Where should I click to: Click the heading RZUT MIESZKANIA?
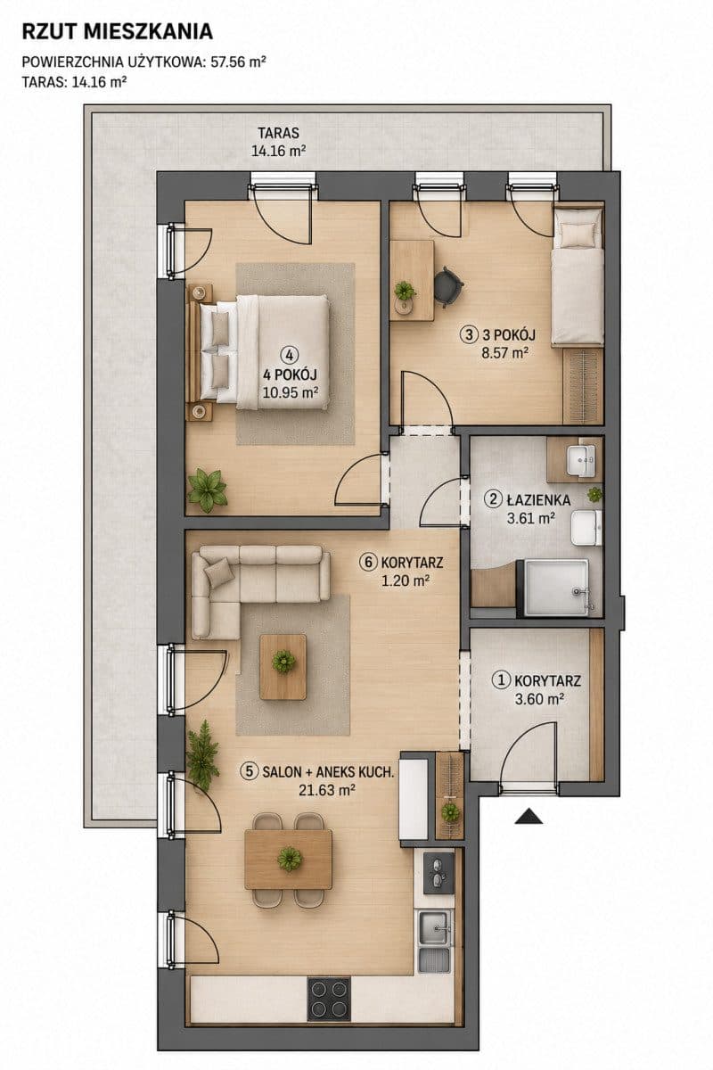[118, 32]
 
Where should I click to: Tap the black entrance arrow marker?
[529, 816]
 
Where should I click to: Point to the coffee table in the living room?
[283, 667]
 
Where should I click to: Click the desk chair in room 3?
[448, 285]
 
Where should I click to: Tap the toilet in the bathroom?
[586, 527]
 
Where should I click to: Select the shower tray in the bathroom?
[557, 587]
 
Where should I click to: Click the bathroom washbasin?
[580, 461]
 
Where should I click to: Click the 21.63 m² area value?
[327, 791]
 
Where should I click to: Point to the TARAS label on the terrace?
[278, 132]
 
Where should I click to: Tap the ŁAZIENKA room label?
[538, 500]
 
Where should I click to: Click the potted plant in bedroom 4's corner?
[207, 490]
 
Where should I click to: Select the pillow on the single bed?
[577, 233]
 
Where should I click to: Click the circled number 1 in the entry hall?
[502, 680]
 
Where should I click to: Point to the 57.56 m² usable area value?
[238, 62]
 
